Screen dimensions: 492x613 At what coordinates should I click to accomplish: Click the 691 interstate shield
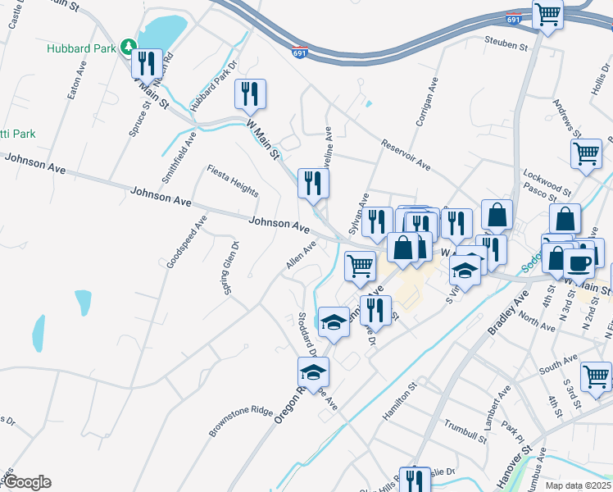301,52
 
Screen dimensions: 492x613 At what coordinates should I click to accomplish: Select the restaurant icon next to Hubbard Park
147,63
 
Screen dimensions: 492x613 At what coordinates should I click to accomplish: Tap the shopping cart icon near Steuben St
547,14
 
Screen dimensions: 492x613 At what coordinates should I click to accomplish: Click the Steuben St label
506,43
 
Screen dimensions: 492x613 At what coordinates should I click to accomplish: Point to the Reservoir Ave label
405,154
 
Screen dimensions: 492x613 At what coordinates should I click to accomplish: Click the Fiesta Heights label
232,180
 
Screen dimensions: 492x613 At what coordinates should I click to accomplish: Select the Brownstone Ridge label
239,421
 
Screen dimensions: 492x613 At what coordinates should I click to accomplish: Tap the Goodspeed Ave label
186,242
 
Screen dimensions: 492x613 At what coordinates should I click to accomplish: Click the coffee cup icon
579,263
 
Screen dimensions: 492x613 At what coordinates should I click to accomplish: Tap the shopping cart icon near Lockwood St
587,154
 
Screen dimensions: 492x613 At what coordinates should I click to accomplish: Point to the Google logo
26,482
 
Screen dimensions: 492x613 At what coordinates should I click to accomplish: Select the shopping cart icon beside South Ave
596,376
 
